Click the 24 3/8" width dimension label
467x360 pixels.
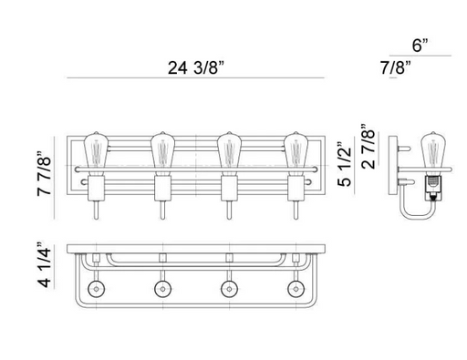[196, 67]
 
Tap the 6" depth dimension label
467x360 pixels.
[420, 46]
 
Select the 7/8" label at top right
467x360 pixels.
[396, 67]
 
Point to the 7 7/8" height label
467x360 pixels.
[45, 173]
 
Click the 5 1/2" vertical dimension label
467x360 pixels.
[344, 164]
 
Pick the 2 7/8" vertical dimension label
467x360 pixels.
[368, 147]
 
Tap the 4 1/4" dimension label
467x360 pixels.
[45, 265]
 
